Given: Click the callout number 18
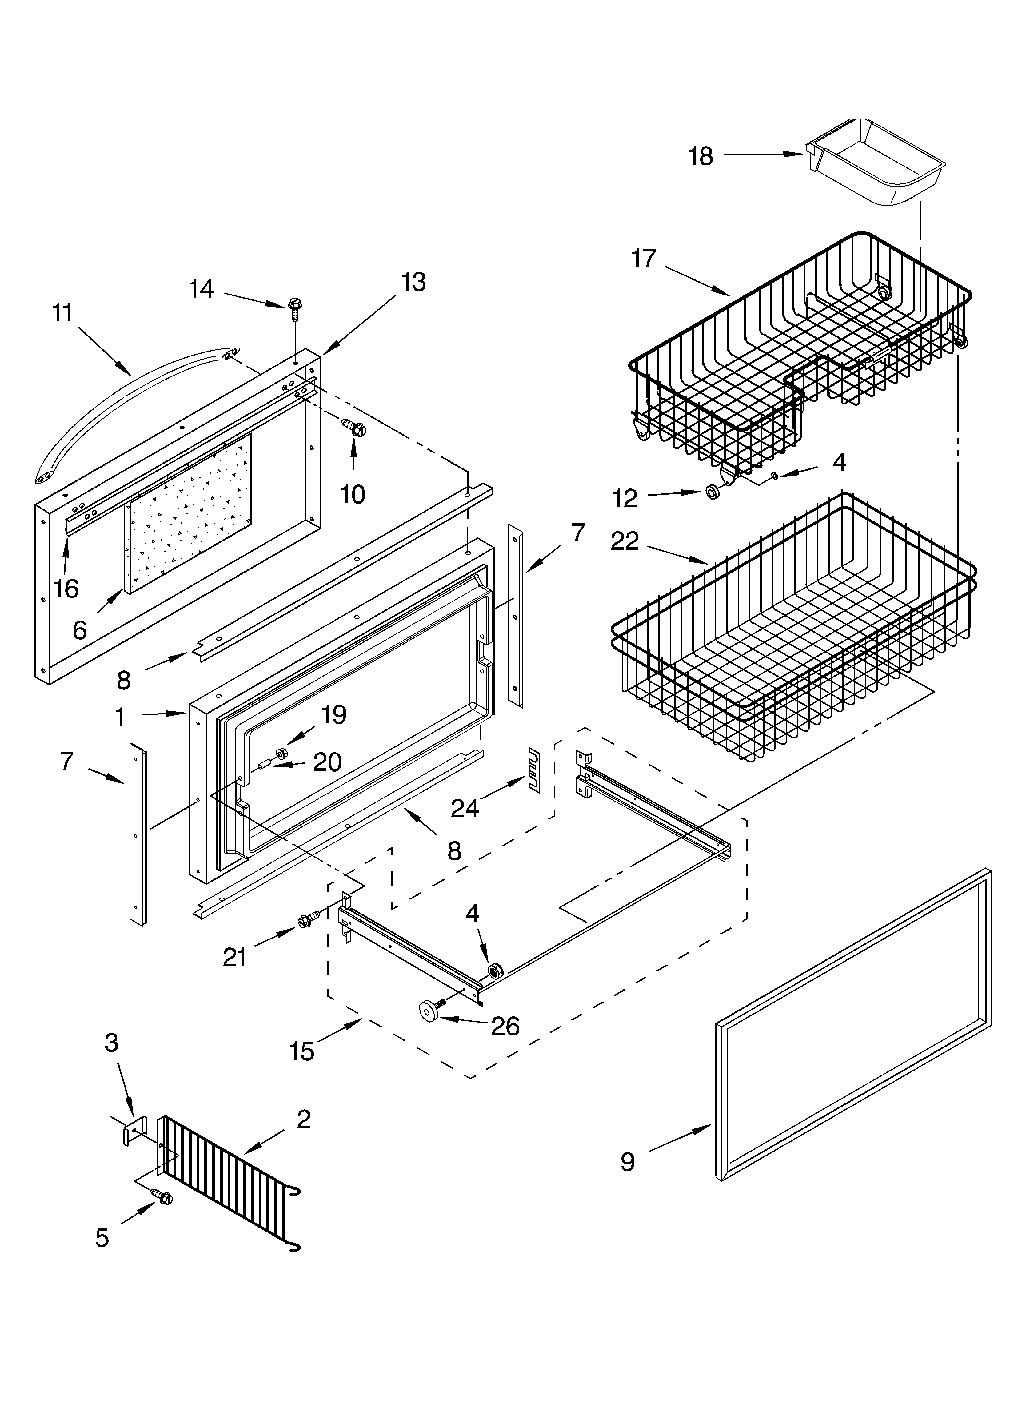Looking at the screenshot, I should click(701, 156).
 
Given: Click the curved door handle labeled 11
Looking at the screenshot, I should click(126, 402).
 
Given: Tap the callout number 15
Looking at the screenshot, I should click(302, 1051).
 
